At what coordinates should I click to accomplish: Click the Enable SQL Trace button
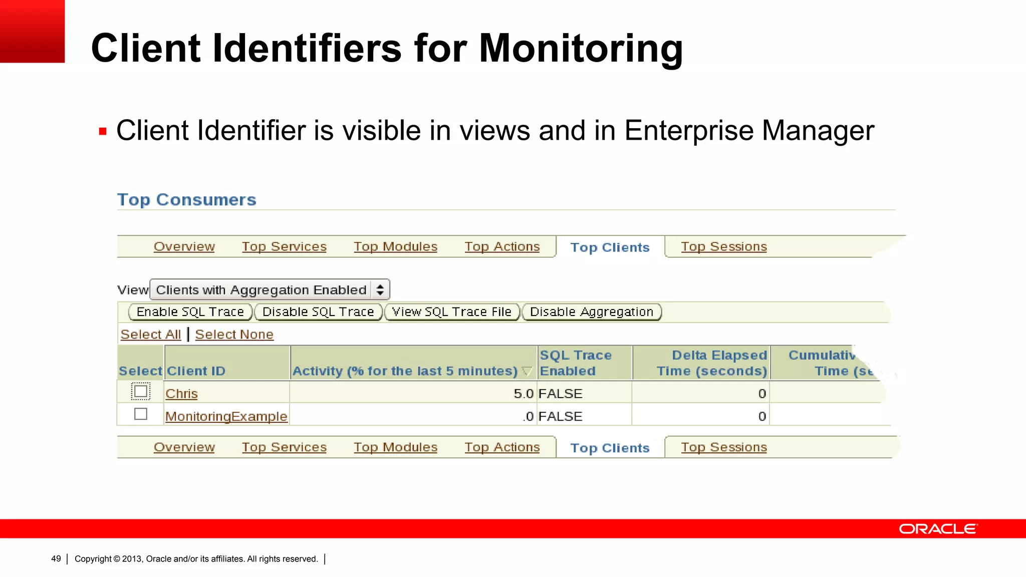[190, 312]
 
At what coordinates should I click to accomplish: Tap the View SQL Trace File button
[451, 312]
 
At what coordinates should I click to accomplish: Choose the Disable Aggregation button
[592, 312]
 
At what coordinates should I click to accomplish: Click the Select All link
[150, 335]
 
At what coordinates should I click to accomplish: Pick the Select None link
[234, 335]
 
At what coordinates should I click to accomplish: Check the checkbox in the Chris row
[141, 391]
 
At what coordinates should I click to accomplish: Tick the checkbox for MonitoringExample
[141, 414]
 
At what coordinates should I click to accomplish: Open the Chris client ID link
[181, 394]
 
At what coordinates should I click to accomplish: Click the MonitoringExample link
[226, 417]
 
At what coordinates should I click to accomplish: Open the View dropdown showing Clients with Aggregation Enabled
[270, 290]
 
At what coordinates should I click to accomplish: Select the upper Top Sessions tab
[723, 247]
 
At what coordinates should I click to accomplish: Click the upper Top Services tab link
[284, 247]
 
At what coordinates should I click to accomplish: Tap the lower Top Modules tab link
[395, 447]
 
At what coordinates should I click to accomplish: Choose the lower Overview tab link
[184, 447]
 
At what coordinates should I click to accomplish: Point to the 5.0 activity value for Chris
[523, 394]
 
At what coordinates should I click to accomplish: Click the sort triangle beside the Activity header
[527, 372]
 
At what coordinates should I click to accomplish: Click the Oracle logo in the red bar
[938, 529]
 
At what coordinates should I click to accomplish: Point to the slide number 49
[56, 559]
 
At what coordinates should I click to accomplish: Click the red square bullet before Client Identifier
[103, 132]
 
